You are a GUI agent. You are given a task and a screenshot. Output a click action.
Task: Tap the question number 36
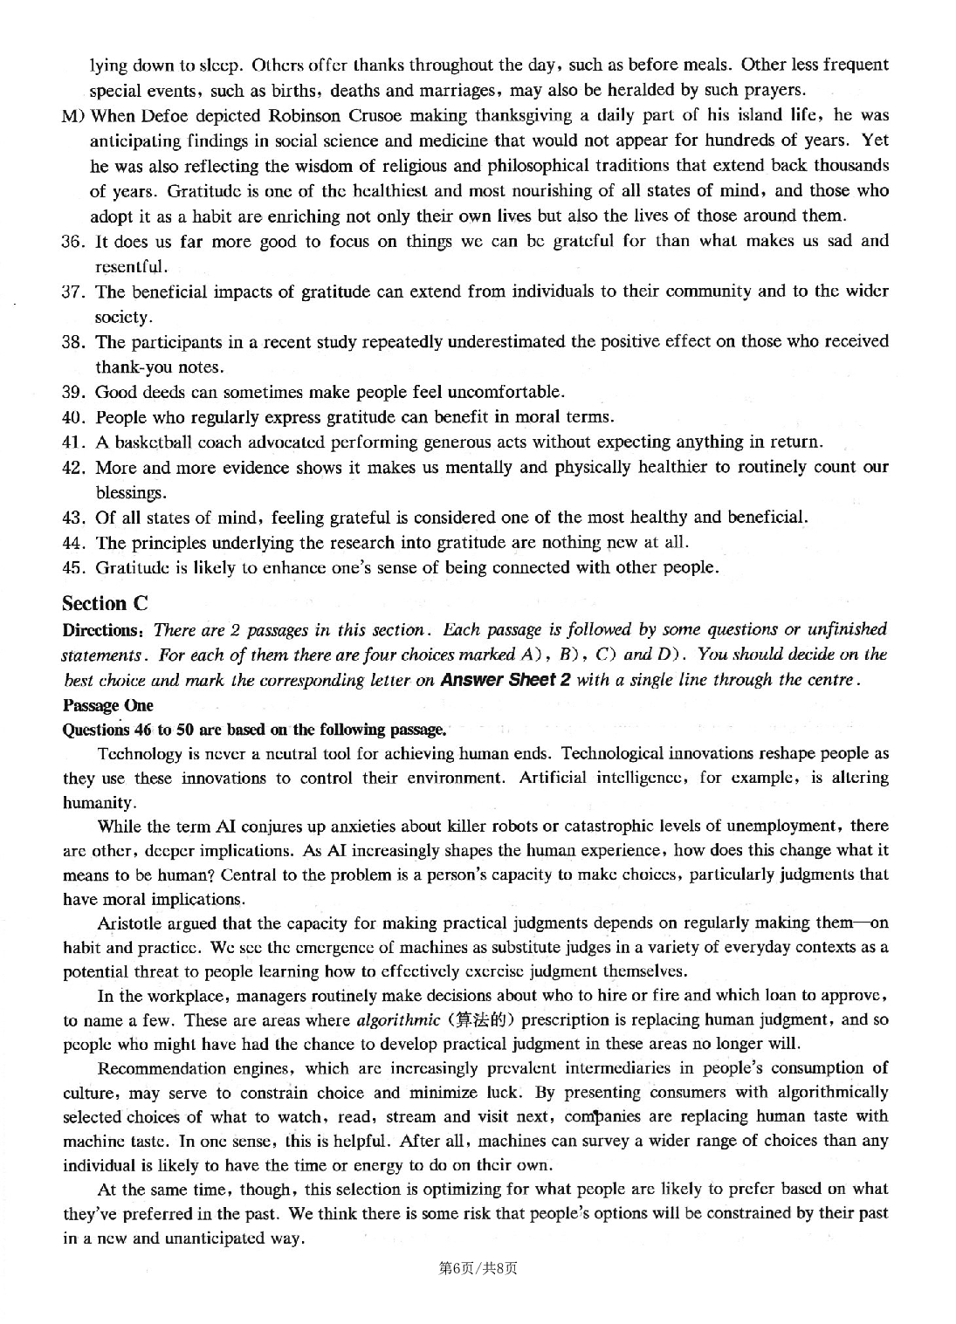pyautogui.click(x=72, y=241)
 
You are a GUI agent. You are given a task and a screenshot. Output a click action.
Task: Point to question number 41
pyautogui.click(x=72, y=442)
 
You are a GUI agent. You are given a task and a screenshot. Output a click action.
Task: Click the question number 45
pyautogui.click(x=72, y=568)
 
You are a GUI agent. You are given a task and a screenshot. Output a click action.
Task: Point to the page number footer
pyautogui.click(x=478, y=1268)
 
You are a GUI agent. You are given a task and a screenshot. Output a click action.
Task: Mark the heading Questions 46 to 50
pyautogui.click(x=254, y=730)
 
